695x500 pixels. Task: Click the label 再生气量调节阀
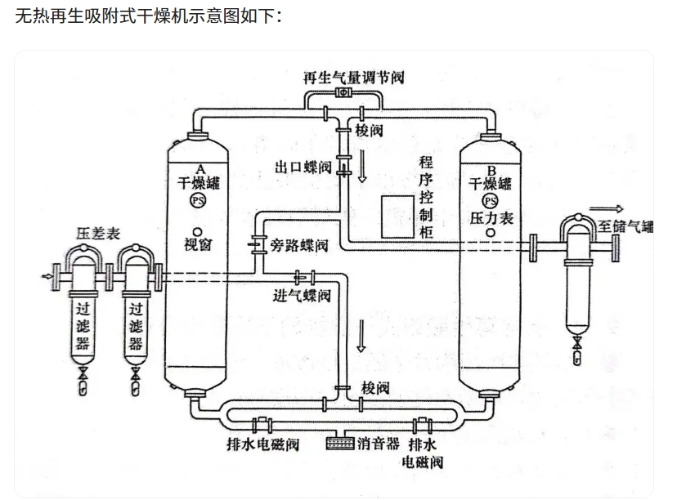click(x=353, y=78)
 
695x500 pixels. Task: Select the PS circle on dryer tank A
click(x=197, y=201)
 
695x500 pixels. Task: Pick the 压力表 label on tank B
click(x=491, y=219)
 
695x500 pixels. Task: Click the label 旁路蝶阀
click(x=299, y=245)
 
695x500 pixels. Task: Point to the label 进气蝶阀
click(x=302, y=295)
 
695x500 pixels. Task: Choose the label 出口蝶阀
click(x=303, y=168)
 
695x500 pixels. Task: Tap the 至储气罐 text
click(x=625, y=226)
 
